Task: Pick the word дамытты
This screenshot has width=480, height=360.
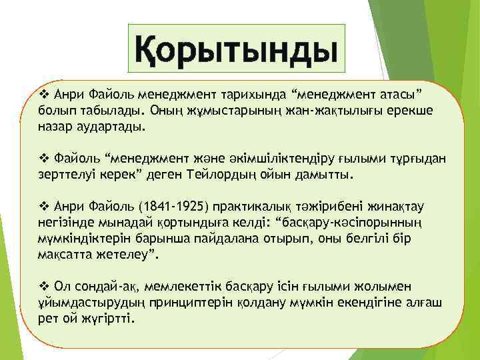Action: (327, 174)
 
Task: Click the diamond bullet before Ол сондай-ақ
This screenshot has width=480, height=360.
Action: (44, 287)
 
